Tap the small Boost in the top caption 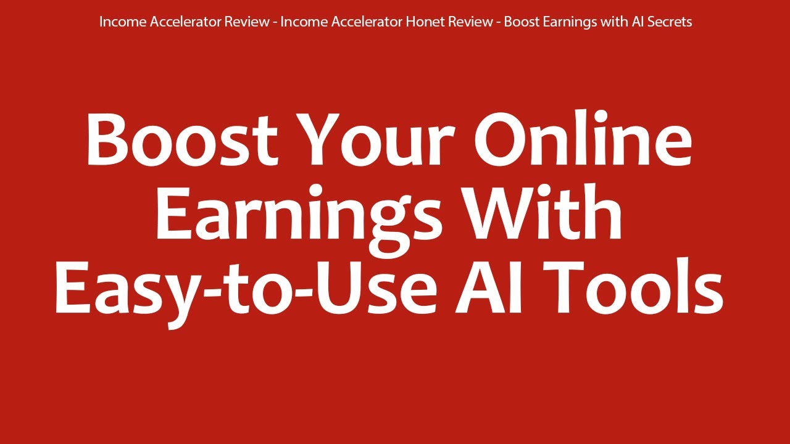coord(520,22)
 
